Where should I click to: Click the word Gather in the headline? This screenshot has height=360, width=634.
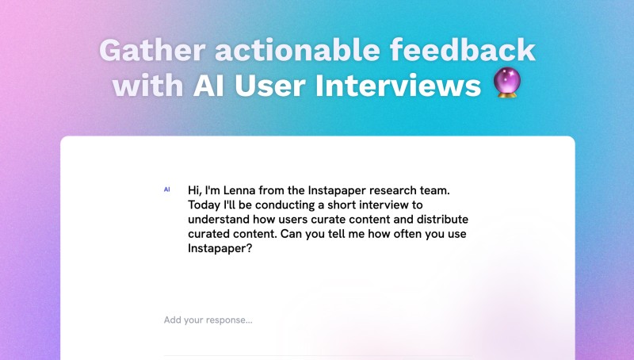point(152,50)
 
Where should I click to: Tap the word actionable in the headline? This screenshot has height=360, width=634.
point(297,50)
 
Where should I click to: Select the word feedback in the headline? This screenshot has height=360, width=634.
point(463,50)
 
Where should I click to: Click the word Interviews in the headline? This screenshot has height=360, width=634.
point(398,86)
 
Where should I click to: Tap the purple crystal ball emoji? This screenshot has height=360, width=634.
point(507,82)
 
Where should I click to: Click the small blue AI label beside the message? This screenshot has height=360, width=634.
point(166,190)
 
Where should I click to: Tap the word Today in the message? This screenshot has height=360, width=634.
point(204,205)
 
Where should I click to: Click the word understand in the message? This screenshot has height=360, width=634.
point(219,219)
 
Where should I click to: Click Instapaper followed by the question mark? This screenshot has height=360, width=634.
point(220,249)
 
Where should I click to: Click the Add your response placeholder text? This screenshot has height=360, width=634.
point(208,320)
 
